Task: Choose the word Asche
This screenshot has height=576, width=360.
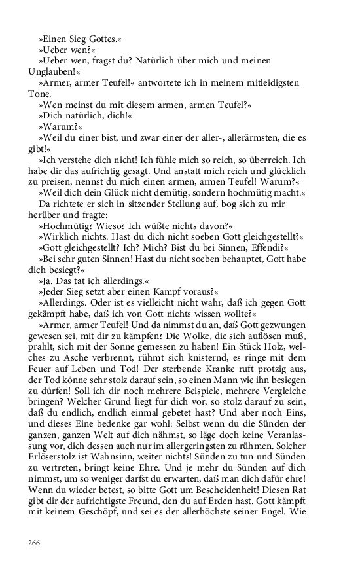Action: click(x=82, y=358)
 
